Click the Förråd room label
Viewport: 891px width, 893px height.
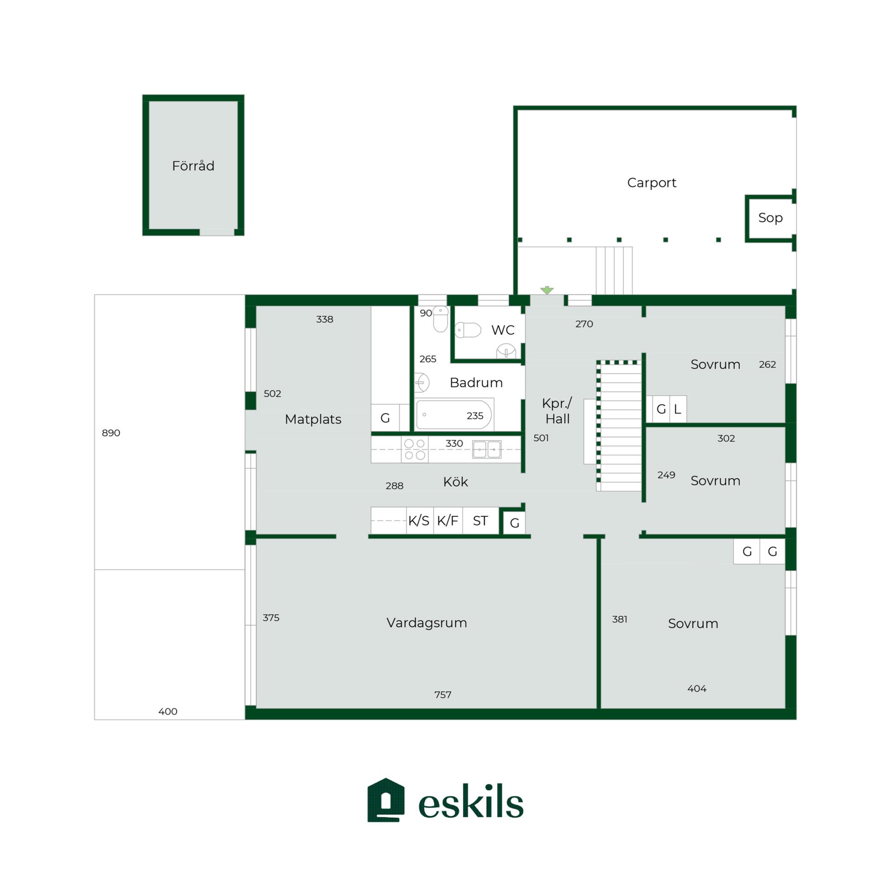coord(193,166)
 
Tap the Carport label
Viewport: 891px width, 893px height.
coord(652,183)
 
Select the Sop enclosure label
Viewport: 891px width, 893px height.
coord(770,218)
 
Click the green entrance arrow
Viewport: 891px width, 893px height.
coord(547,290)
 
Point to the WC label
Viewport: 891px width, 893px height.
coord(503,330)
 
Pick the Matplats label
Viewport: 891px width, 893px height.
coord(313,419)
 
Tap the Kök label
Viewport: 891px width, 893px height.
coord(455,482)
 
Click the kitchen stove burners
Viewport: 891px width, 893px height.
coord(415,450)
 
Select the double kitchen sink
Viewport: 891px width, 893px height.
coord(487,450)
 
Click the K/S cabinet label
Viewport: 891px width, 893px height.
coord(419,521)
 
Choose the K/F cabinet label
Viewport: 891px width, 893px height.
coord(447,521)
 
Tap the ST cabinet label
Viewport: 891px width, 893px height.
coord(480,521)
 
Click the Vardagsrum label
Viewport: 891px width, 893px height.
coord(427,623)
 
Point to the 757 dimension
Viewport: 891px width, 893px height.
coord(443,695)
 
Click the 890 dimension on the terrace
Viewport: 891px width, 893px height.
coord(111,433)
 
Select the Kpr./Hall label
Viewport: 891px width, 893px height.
coord(557,411)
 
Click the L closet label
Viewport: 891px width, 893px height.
coord(678,409)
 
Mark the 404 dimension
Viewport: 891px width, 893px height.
coord(697,689)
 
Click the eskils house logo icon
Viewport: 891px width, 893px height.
coord(386,800)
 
